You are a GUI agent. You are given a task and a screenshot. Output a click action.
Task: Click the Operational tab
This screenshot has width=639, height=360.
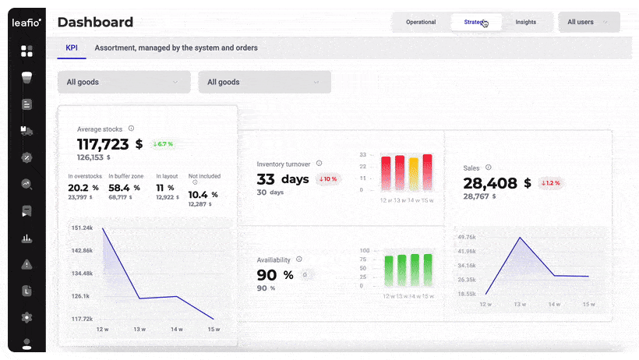point(421,22)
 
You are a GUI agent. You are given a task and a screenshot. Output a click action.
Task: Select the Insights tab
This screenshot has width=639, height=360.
point(526,22)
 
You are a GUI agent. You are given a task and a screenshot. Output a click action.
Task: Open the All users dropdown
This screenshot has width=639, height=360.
point(589,22)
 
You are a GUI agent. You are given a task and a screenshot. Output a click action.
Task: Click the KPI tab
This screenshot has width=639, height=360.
point(72,48)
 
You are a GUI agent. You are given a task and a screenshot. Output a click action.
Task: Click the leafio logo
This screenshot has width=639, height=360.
point(26,23)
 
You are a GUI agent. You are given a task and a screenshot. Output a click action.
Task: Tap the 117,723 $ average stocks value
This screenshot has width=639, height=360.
point(110,144)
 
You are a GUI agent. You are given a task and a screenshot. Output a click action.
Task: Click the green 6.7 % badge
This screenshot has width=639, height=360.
point(163,144)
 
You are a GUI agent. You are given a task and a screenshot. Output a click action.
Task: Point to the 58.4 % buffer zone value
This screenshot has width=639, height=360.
point(125,188)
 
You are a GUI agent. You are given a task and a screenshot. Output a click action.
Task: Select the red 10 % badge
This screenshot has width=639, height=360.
point(327,179)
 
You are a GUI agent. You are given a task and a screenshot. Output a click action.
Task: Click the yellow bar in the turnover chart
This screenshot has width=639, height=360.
point(413,174)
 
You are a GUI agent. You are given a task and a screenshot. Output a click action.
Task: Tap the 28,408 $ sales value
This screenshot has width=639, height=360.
point(497,183)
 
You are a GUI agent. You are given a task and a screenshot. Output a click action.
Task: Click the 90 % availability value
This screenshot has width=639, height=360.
point(275,275)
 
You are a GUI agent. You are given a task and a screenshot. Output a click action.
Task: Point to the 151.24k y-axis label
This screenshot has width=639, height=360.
point(82,228)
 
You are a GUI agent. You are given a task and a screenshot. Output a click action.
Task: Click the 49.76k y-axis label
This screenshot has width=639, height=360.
point(467,237)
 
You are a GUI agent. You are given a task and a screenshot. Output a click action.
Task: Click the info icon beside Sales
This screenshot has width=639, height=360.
point(489,167)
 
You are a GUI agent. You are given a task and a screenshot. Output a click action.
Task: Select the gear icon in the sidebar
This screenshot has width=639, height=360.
point(26,317)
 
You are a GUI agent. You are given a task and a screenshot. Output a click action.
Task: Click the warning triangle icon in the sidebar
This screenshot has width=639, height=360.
point(26,264)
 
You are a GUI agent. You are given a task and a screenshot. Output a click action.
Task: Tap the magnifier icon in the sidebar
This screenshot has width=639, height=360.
point(26,185)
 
